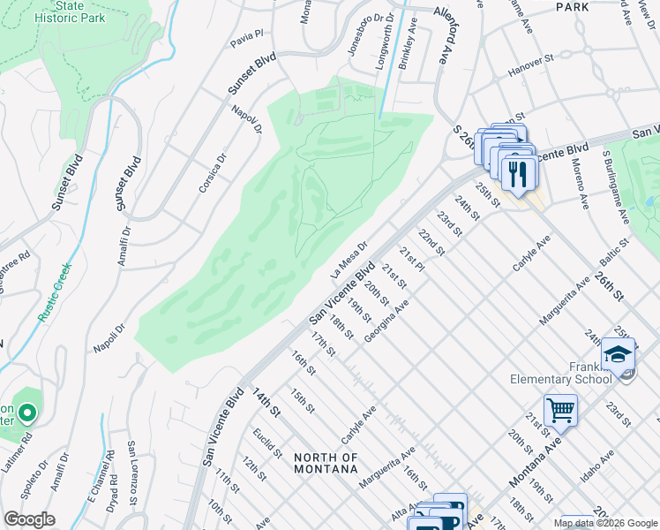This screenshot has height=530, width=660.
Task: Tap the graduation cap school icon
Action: coord(619,355)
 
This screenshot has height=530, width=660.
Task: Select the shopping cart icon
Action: coord(561,411)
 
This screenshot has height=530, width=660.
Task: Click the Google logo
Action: coord(29,519)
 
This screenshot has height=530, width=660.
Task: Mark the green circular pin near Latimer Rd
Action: coord(27,413)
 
